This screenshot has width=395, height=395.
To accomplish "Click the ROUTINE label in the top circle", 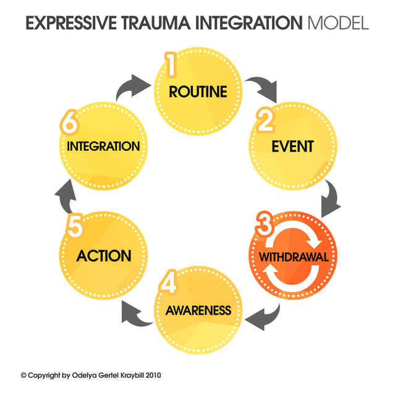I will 198,93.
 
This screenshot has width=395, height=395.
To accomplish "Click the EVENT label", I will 292,147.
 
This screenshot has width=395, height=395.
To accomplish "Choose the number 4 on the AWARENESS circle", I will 171,282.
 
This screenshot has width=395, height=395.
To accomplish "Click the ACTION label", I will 104,255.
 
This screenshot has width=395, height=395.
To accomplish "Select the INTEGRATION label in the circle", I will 104,147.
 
